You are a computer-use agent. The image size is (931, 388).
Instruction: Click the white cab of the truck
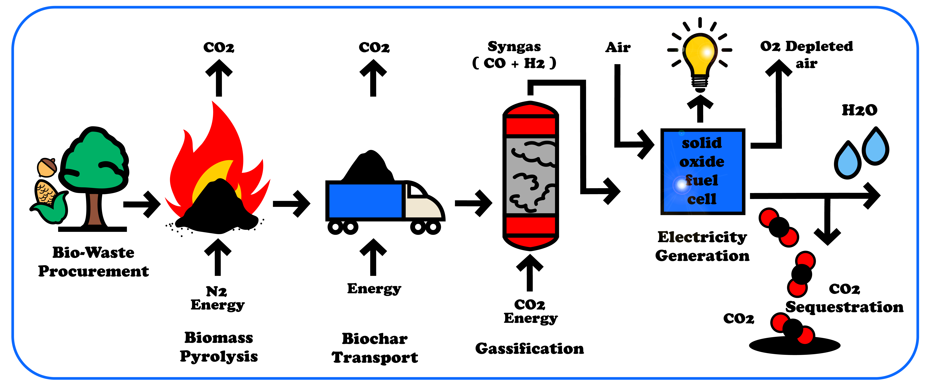(423, 202)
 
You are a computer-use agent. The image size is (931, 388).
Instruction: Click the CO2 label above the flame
(219, 47)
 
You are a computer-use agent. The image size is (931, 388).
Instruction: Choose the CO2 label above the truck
(374, 47)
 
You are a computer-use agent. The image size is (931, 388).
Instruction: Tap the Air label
(618, 47)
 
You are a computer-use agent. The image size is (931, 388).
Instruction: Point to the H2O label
(859, 110)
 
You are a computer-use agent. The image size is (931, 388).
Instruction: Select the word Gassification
(529, 349)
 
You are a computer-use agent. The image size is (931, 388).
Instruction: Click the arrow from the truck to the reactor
(473, 203)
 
